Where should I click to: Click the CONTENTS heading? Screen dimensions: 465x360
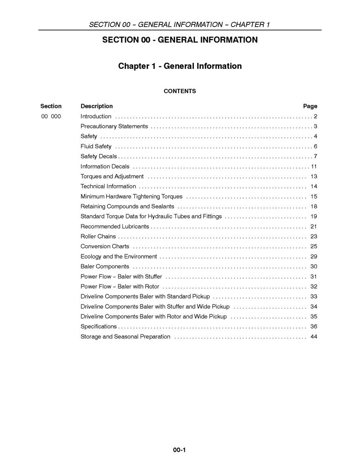180,91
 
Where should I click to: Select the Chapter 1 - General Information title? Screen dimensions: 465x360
180,66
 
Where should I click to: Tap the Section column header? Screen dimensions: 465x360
51,106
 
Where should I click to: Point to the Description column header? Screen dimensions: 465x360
96,106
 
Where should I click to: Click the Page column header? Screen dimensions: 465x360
310,106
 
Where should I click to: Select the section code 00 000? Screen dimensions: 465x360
51,116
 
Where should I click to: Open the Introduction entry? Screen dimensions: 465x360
96,116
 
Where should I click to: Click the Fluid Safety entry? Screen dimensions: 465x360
96,146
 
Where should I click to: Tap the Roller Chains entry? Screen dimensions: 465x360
98,236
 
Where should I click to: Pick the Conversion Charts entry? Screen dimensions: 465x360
105,246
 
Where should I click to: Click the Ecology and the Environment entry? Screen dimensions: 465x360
119,257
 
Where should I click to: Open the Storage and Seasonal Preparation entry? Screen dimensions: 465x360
125,337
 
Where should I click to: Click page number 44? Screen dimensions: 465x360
313,337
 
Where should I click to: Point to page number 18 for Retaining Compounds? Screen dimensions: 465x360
313,206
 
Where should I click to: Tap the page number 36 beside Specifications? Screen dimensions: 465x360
313,326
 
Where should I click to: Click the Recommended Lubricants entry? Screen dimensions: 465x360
114,226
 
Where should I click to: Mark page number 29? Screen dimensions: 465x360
313,257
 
